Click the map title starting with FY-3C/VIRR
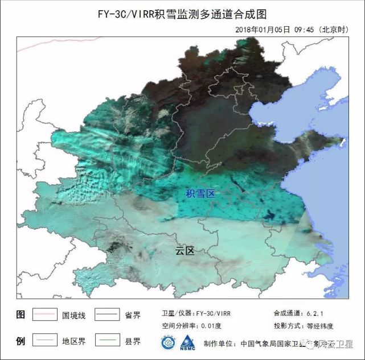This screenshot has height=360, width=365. coord(182,14)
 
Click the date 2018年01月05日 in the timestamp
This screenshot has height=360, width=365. coord(262,30)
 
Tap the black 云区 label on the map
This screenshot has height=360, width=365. coord(185,251)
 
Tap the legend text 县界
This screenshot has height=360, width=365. coord(133,342)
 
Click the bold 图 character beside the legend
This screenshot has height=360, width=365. coord(21,314)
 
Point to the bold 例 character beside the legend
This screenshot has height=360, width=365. coord(21,342)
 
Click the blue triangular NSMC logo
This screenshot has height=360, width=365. coord(187,343)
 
